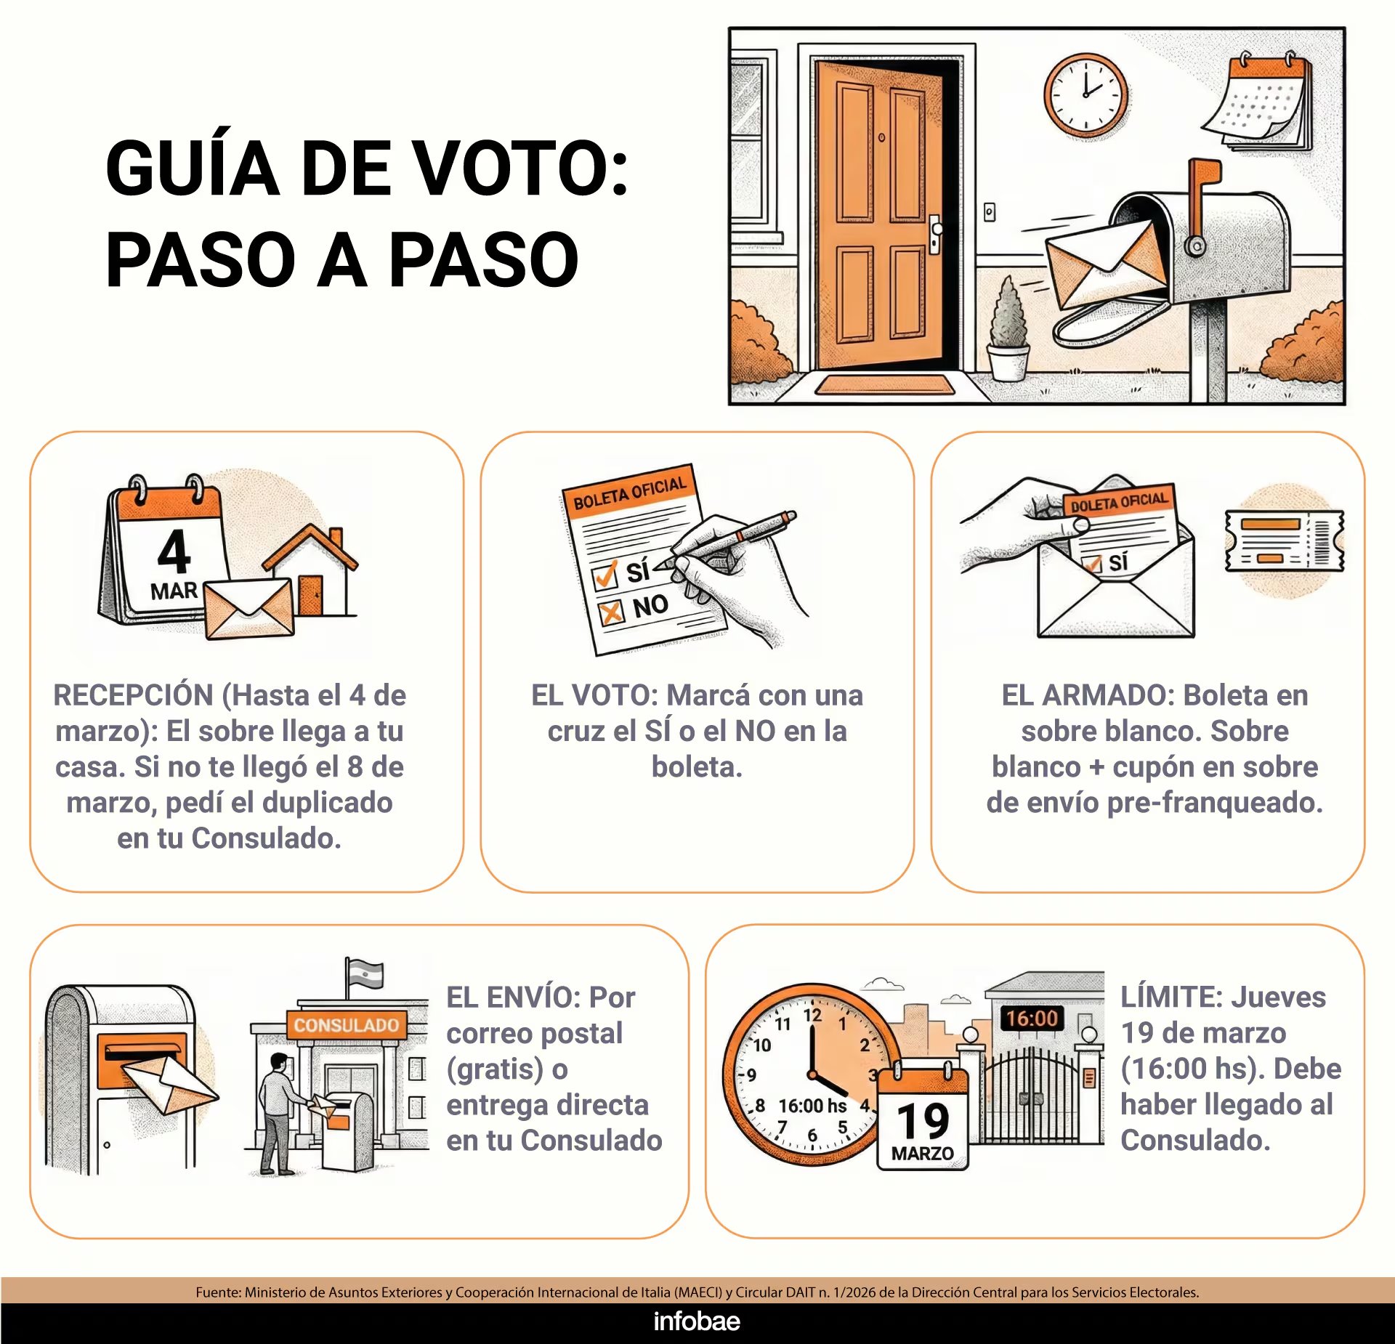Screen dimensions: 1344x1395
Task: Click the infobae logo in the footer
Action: [x=697, y=1321]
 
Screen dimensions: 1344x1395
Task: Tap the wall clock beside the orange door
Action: [x=1086, y=95]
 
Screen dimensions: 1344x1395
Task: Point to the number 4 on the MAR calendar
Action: [x=174, y=552]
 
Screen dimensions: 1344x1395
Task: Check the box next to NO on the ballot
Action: [x=611, y=612]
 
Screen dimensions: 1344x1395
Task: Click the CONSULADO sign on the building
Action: [x=346, y=1025]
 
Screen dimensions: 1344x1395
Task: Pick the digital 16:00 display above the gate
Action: [x=1032, y=1018]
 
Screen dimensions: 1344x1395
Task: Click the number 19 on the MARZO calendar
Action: [x=923, y=1121]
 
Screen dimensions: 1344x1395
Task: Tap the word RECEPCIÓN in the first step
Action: [x=133, y=695]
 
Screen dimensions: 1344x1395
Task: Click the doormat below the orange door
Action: [x=885, y=384]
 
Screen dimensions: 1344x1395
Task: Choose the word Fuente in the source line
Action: [x=217, y=1292]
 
